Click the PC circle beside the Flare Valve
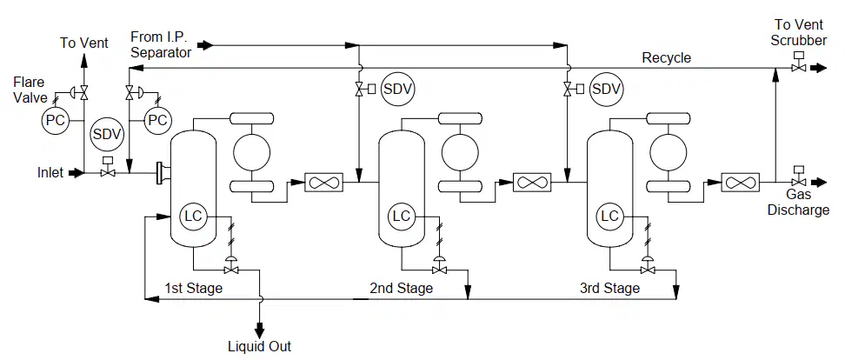(56, 120)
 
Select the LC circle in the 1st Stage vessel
(193, 217)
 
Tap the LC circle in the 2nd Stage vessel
(402, 217)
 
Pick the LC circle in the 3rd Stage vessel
(610, 217)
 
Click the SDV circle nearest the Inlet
(107, 134)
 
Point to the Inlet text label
(50, 173)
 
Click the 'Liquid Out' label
(260, 346)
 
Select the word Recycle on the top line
(667, 57)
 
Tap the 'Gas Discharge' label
(798, 202)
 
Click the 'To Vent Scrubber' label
(799, 32)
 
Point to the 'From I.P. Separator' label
(161, 44)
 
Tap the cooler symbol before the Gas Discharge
(740, 183)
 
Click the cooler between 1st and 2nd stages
(323, 183)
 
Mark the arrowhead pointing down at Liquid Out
(260, 328)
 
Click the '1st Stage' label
(194, 289)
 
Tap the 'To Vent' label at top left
(84, 43)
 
